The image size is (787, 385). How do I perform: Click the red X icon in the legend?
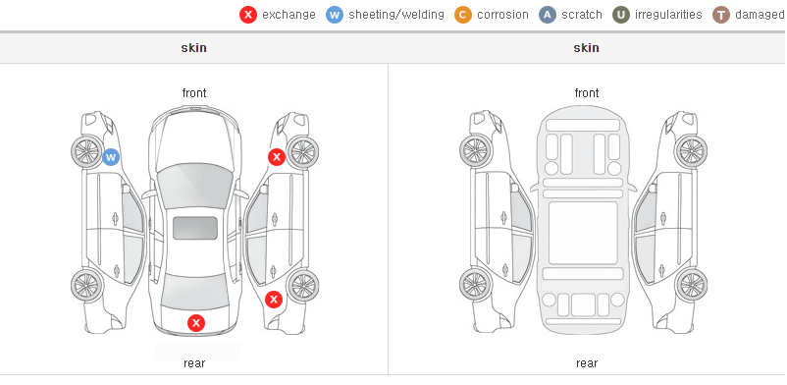pos(248,15)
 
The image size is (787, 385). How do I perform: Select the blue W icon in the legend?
pos(335,15)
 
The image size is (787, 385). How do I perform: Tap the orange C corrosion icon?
pos(463,15)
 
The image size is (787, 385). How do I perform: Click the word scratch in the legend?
pos(582,15)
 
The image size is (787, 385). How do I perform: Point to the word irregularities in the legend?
pos(668,15)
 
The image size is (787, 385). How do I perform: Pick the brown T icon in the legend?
pos(720,15)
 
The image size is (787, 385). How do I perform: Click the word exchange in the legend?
pos(289,15)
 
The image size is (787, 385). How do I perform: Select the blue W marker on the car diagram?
pos(111,157)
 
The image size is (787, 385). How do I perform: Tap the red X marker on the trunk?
pos(196,323)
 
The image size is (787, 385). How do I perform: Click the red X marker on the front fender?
pos(277,157)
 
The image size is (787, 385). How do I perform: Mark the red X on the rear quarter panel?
pos(274,301)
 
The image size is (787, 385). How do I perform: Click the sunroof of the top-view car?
pos(195,228)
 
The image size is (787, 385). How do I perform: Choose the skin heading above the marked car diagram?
pos(193,48)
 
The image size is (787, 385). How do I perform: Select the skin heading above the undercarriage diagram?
pos(586,48)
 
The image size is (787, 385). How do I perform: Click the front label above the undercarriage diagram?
pos(587,93)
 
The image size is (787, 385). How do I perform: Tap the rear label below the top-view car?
pos(194,363)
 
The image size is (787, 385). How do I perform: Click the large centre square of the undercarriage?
pos(583,233)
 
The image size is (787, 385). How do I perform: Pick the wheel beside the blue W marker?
pos(87,151)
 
